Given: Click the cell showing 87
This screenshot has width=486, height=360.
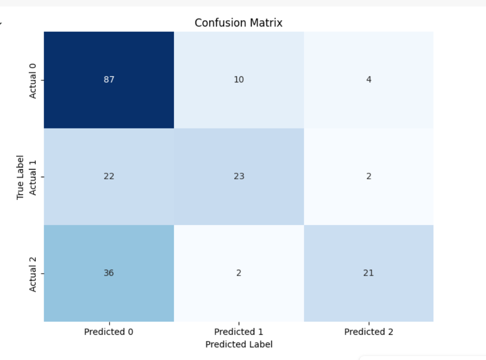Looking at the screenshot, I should [x=109, y=80].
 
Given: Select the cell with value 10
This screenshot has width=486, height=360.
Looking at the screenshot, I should [x=239, y=80].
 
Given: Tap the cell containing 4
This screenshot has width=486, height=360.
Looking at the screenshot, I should [x=368, y=80].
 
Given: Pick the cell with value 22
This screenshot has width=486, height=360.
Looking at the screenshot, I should [x=109, y=176].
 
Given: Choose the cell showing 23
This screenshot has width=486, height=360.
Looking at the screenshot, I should [x=239, y=176].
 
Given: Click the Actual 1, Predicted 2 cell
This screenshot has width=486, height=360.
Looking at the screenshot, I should [x=368, y=176].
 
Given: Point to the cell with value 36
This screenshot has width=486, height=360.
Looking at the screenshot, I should [x=109, y=273].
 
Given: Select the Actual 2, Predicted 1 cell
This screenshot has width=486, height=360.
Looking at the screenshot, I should [x=239, y=273].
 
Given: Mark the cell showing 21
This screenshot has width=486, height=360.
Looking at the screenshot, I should [x=368, y=273].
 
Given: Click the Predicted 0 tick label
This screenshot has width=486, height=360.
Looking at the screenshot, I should [x=109, y=332].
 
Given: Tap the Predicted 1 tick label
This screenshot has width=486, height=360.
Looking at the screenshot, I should [x=239, y=332].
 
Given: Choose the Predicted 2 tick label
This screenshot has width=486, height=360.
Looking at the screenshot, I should [x=368, y=332].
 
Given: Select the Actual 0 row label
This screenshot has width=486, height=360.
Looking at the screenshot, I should [x=33, y=80].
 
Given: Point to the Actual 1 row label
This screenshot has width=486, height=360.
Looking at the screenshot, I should [x=33, y=176].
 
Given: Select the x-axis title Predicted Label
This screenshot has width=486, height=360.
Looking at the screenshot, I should [x=239, y=344].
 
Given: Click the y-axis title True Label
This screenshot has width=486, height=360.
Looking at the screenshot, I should [x=21, y=177].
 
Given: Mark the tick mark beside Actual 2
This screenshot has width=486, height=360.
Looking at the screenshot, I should [x=42, y=273].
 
